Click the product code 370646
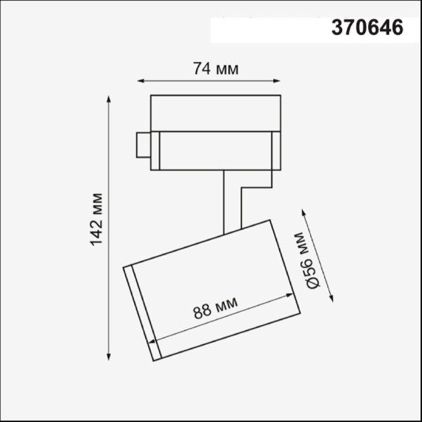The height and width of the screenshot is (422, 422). [x=367, y=27]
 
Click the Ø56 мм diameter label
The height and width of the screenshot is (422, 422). [x=311, y=261]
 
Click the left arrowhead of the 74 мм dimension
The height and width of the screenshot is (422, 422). [x=141, y=81]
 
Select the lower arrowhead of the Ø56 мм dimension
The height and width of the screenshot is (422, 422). [x=330, y=300]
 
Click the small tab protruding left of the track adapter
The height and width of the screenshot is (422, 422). [x=142, y=144]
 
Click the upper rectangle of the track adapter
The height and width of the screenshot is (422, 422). [x=215, y=113]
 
